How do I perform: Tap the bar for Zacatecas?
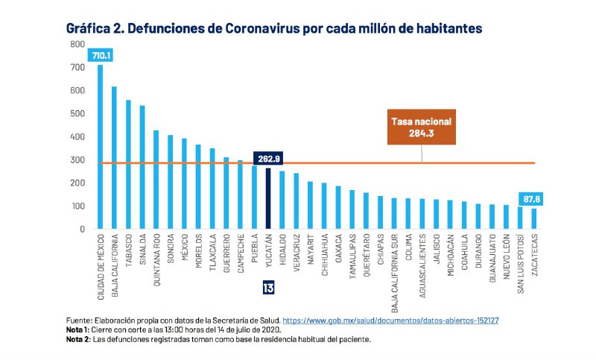534,218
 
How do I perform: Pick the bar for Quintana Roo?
156,180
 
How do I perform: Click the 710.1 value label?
101,55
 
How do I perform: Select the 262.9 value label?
268,159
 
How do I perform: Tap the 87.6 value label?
532,198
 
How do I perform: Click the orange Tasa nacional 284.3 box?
422,127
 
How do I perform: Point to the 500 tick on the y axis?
78,114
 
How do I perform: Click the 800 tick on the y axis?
78,45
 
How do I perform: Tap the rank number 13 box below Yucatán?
268,288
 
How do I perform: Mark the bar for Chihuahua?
324,206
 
